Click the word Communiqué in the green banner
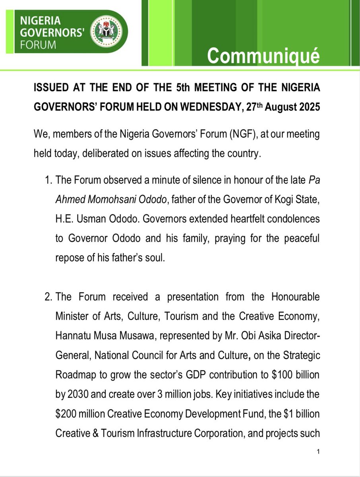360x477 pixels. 263,56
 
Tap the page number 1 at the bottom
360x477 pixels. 318,452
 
